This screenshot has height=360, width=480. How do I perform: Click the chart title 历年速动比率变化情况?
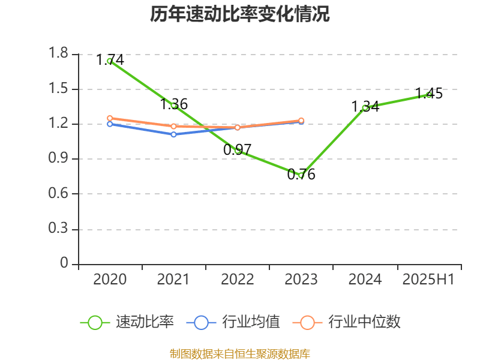point(240,14)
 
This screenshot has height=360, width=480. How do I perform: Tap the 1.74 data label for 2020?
point(110,60)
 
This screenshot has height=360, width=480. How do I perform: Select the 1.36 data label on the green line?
point(174,104)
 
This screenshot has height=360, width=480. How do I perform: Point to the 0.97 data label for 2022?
point(237,150)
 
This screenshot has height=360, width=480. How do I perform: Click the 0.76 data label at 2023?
point(301,175)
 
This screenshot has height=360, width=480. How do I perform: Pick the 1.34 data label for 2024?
point(365,107)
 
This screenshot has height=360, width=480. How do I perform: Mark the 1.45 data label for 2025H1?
point(429,93)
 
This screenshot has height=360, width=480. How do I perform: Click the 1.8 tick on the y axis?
point(59,54)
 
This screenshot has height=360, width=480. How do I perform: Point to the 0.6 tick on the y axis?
point(59,194)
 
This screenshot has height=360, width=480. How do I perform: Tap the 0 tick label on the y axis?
point(65,264)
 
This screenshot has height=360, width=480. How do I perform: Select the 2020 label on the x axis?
point(110,280)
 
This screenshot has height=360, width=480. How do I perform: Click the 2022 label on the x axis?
point(237,280)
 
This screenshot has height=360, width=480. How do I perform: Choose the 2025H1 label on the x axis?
point(428,280)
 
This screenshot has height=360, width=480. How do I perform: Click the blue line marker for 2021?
point(173,134)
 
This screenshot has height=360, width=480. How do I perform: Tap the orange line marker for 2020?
point(110,118)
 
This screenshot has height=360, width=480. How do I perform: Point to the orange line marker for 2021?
point(173,127)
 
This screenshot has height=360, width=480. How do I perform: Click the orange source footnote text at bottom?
point(240,353)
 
